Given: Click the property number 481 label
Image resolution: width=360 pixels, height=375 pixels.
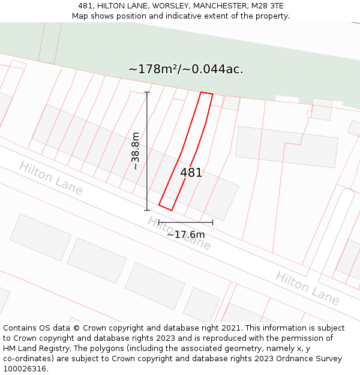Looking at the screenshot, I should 191,173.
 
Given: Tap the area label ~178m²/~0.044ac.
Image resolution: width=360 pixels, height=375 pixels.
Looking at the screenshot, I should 185,69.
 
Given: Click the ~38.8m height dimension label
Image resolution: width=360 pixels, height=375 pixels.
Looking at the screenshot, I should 136,151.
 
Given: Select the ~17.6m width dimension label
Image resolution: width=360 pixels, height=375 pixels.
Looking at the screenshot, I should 185,235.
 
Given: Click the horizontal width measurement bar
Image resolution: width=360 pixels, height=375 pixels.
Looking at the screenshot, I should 185,223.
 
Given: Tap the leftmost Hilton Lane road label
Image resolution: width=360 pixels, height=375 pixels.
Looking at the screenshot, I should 50,178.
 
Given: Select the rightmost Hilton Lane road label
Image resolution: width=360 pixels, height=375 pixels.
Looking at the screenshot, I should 307,287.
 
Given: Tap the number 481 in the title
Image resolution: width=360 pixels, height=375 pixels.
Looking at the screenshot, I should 85,6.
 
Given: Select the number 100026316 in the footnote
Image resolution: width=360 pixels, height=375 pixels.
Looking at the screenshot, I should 25,369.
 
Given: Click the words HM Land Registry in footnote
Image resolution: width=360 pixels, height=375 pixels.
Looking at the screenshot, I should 32,349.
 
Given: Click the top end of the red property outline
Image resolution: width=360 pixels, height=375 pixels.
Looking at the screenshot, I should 206,94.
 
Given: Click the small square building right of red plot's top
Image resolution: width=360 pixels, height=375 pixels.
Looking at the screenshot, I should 231,103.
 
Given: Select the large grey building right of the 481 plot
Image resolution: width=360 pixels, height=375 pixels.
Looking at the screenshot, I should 286,146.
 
